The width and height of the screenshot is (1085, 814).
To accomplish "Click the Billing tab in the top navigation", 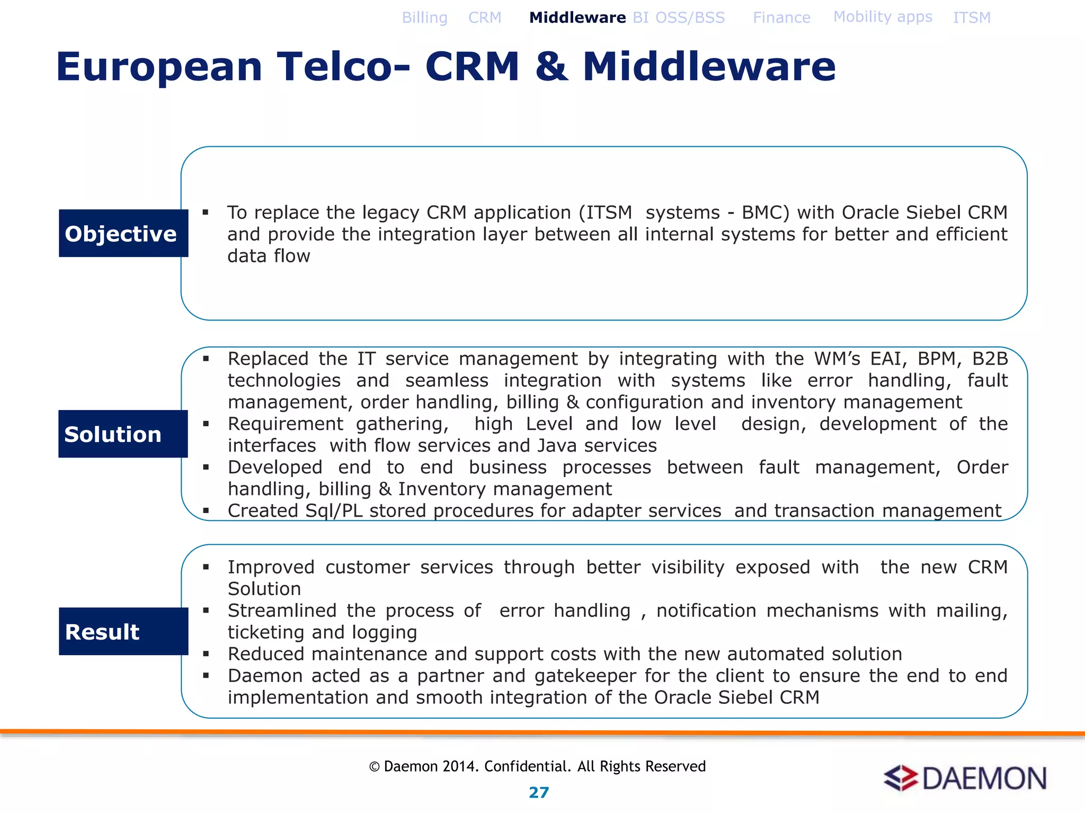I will click(424, 18).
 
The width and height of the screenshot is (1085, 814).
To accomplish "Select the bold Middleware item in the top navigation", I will click(577, 18).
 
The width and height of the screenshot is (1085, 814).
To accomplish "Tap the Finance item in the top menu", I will click(781, 18).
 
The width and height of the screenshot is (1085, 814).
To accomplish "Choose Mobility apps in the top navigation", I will click(883, 17).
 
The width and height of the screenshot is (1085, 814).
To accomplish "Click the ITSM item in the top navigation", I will click(971, 18).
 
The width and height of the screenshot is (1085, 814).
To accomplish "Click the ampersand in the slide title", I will click(551, 67).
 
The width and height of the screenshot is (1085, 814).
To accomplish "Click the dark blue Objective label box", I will click(123, 234).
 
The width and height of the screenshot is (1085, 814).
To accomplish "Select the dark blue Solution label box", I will click(123, 434).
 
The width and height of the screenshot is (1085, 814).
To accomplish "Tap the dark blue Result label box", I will click(123, 632).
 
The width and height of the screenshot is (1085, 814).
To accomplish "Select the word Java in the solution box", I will click(557, 446).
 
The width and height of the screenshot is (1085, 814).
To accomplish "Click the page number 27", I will click(539, 793).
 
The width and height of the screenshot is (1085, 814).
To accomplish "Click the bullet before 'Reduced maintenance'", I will click(206, 654).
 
